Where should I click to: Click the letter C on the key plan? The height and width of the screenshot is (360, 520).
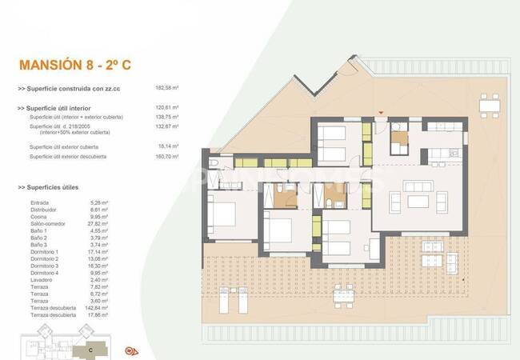90,349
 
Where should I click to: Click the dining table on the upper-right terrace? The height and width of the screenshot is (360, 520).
489,104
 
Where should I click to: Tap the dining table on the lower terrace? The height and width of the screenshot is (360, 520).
343,296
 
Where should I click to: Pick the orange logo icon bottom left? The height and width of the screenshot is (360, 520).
133,350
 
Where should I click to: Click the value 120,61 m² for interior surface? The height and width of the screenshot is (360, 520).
166,107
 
